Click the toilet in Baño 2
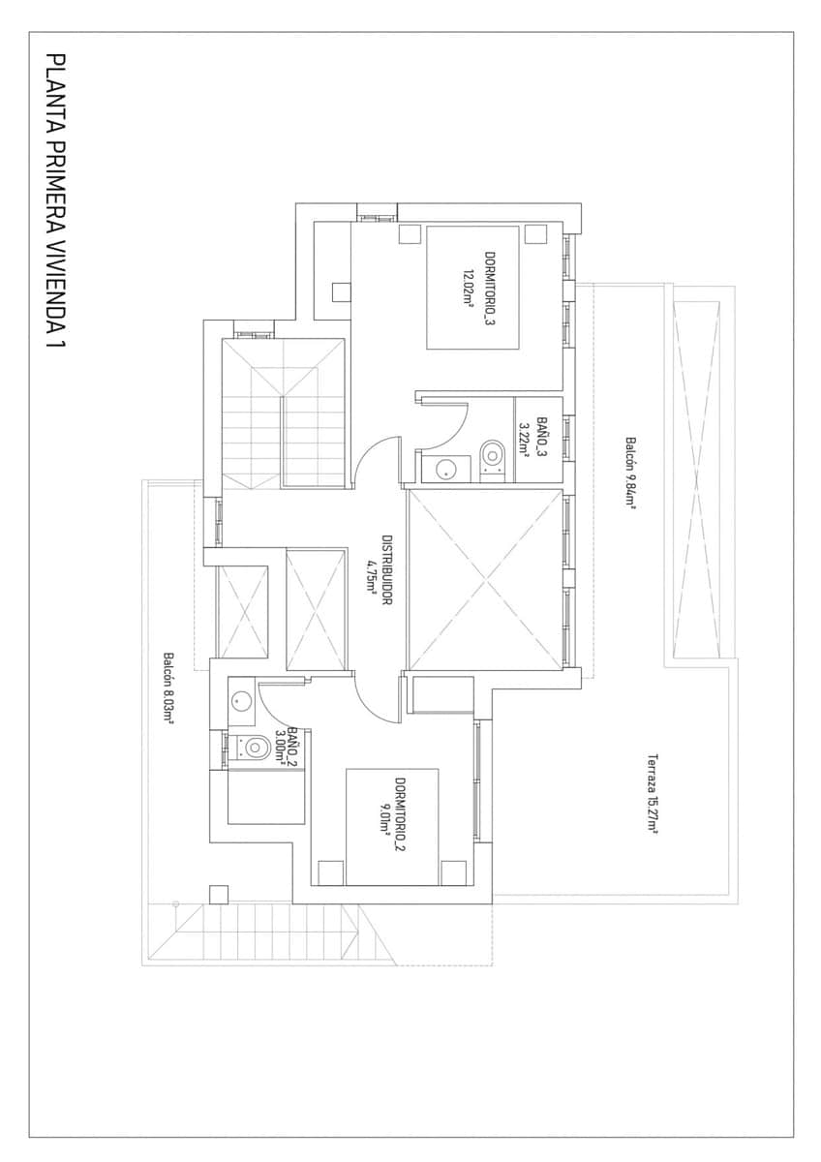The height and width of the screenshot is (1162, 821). [254, 747]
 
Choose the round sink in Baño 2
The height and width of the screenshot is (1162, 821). [241, 698]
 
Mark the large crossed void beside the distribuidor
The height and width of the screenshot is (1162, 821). [485, 580]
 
